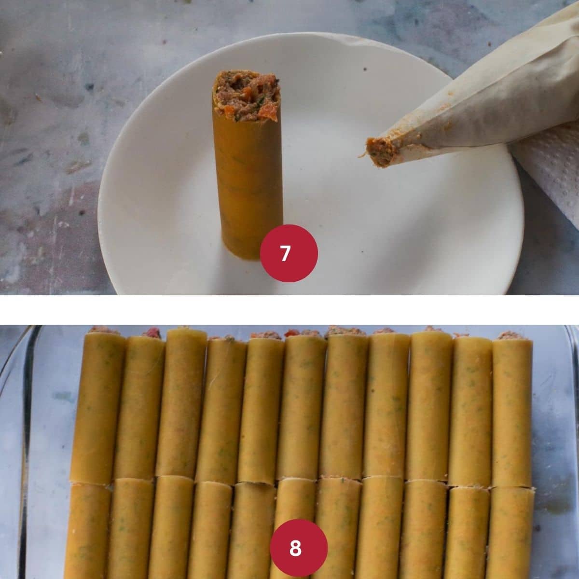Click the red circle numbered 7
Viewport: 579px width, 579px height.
point(289,253)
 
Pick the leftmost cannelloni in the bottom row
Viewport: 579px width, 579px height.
point(87,531)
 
